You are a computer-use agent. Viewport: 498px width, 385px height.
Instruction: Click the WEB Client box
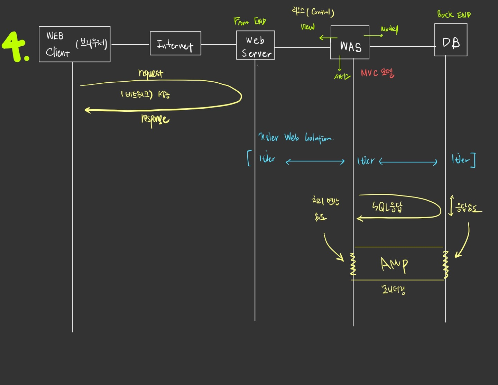click(74, 44)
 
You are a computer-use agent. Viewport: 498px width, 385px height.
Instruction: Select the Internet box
click(175, 44)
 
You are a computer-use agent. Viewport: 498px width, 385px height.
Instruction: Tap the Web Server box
click(256, 45)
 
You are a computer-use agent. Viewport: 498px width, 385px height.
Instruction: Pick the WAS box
click(350, 43)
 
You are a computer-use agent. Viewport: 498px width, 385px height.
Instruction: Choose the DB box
click(451, 40)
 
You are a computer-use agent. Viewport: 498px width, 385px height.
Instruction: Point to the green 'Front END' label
click(250, 21)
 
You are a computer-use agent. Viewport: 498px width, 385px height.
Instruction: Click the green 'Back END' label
click(454, 15)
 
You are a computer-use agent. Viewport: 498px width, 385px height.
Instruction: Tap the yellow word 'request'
click(150, 73)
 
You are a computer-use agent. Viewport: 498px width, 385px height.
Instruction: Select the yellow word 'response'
click(155, 119)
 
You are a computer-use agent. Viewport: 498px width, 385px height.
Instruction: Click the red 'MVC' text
click(369, 73)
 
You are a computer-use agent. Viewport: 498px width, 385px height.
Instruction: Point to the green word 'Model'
click(389, 29)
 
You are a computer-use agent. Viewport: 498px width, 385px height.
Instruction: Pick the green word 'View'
click(307, 27)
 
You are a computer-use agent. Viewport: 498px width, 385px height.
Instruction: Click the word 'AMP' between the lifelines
click(394, 265)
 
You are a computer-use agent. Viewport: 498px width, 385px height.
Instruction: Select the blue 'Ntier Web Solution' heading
click(295, 138)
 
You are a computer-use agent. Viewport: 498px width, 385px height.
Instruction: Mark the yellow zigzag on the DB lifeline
click(445, 265)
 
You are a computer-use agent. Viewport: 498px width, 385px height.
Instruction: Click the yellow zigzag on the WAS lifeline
click(353, 265)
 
